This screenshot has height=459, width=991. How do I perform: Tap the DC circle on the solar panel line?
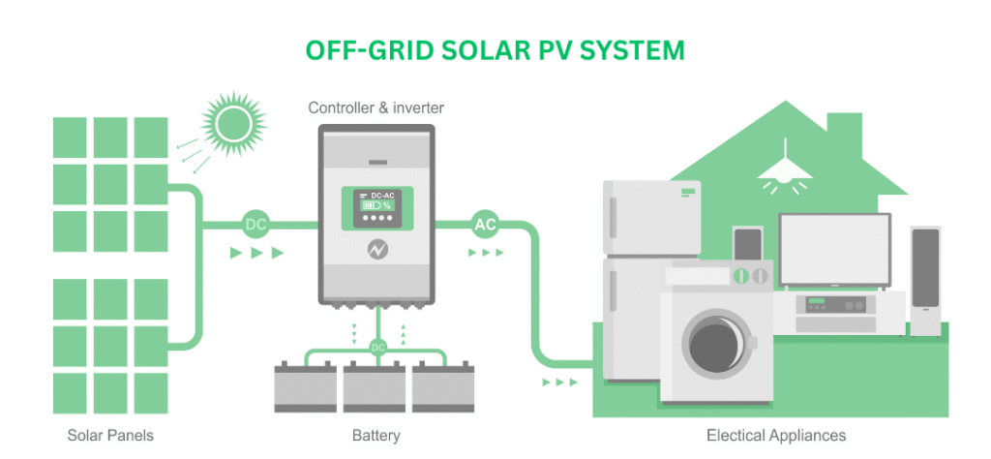pyautogui.click(x=255, y=225)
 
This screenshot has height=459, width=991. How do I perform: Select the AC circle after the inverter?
pyautogui.click(x=485, y=225)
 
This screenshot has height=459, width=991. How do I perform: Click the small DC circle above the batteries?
pyautogui.click(x=378, y=347)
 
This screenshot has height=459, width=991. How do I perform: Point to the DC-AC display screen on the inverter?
pyautogui.click(x=377, y=208)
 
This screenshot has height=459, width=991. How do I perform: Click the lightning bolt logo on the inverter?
pyautogui.click(x=377, y=250)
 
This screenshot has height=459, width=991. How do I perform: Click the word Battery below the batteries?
pyautogui.click(x=376, y=436)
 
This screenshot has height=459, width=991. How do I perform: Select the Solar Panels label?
pyautogui.click(x=110, y=436)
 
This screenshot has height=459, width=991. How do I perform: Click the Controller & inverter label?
pyautogui.click(x=376, y=108)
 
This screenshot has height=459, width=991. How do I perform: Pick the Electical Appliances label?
pyautogui.click(x=776, y=436)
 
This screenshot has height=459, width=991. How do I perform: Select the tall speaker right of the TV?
pyautogui.click(x=925, y=281)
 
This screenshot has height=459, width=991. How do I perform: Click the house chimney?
pyautogui.click(x=844, y=139)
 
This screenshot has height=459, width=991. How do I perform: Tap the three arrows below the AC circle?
pyautogui.click(x=486, y=253)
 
